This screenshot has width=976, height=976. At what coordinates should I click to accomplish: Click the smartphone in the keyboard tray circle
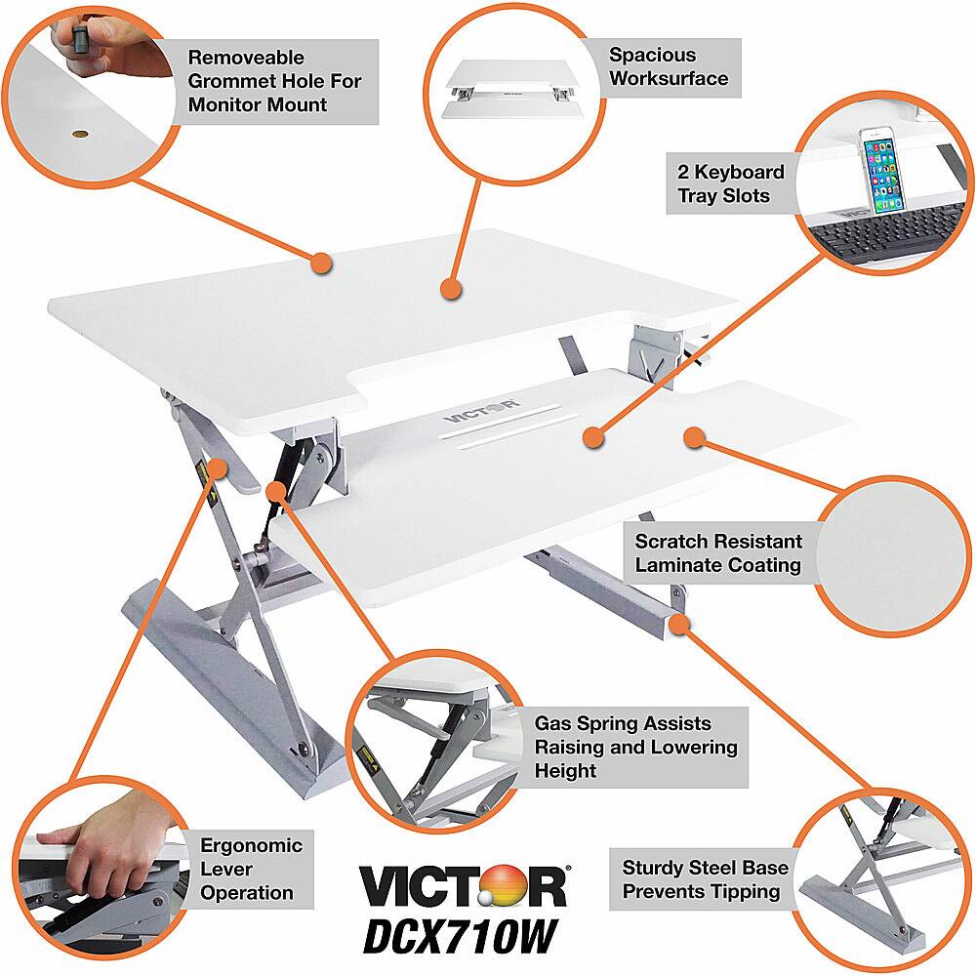point(884,171)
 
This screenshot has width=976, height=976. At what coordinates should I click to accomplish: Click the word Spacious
point(652,55)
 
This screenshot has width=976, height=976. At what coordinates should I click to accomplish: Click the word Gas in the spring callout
point(552,723)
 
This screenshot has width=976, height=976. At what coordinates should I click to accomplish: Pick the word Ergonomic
point(251,846)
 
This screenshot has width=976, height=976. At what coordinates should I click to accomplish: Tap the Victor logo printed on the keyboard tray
point(480,411)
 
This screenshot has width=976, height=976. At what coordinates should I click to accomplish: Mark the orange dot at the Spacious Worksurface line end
point(451,290)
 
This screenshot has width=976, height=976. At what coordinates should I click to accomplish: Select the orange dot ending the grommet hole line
point(321,263)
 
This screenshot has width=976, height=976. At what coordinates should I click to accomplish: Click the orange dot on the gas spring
point(276,491)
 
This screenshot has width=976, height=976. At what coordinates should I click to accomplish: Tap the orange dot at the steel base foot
point(681,623)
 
